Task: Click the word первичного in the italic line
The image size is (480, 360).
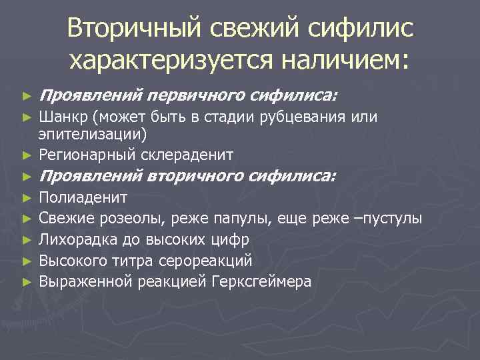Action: click(198, 96)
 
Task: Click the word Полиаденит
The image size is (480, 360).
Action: click(83, 197)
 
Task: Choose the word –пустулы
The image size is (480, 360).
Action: click(389, 218)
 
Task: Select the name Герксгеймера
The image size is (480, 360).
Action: click(261, 281)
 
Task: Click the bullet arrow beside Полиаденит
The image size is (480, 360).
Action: click(27, 198)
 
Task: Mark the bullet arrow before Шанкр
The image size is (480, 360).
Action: click(27, 118)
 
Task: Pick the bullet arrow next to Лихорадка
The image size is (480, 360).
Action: click(27, 239)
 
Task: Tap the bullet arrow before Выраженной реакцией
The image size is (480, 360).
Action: click(27, 281)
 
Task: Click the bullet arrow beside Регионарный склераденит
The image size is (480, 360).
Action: click(27, 156)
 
